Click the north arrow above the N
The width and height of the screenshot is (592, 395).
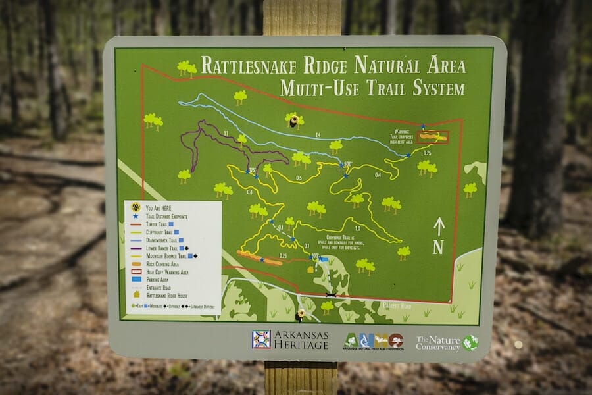pyautogui.click(x=439, y=226)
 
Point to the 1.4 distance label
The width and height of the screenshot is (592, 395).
pyautogui.click(x=318, y=134)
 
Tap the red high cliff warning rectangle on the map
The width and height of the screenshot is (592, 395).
pyautogui.click(x=433, y=137)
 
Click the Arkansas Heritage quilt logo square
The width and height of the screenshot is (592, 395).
pyautogui.click(x=261, y=339)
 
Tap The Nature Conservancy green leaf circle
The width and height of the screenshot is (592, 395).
pyautogui.click(x=470, y=342)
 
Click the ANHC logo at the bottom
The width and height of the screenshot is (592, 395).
pyautogui.click(x=373, y=340)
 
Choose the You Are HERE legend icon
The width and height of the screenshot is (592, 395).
pyautogui.click(x=136, y=207)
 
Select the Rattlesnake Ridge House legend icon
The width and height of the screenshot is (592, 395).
pyautogui.click(x=136, y=294)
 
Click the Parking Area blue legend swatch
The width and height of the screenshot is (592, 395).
pyautogui.click(x=136, y=278)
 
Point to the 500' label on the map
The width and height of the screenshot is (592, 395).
pyautogui.click(x=347, y=164)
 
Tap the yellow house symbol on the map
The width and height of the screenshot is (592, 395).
pyautogui.click(x=310, y=269)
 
